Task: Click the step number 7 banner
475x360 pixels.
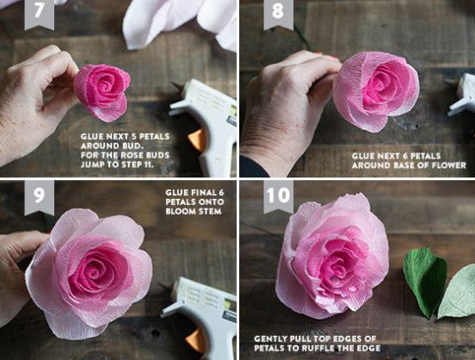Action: (x=39, y=14)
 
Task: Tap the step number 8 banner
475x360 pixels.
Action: (x=279, y=14)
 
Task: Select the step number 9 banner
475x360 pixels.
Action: (x=39, y=197)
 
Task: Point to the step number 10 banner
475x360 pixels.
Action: (x=279, y=196)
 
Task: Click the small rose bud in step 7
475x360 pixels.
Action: (x=102, y=92)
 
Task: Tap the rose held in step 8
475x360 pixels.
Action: (x=376, y=90)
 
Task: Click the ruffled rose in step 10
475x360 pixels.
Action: (x=332, y=258)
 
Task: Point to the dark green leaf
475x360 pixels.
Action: (x=425, y=281)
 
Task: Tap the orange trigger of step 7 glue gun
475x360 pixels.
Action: (x=197, y=140)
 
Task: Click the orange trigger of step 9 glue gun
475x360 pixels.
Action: (x=196, y=340)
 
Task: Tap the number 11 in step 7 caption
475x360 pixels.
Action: (x=148, y=164)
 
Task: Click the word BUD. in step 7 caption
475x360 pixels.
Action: (x=133, y=146)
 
